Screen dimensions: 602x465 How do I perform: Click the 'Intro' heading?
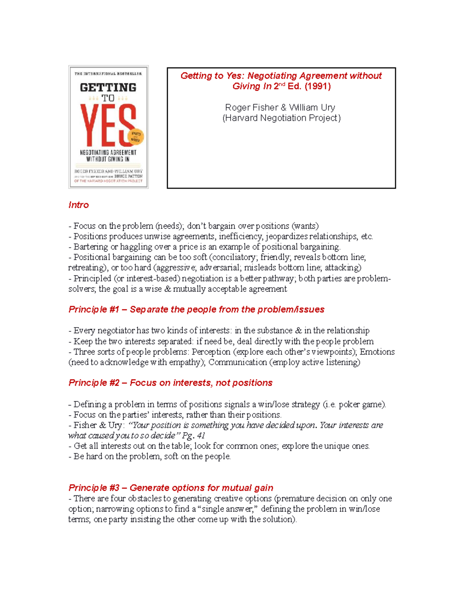click(78, 205)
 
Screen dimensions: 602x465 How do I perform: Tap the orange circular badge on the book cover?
click(136, 136)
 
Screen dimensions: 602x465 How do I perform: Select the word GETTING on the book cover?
click(108, 88)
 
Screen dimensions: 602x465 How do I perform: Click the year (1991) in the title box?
click(318, 86)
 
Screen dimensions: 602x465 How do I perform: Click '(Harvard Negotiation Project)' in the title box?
click(281, 118)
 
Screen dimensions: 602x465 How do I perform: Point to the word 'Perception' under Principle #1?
click(211, 352)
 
